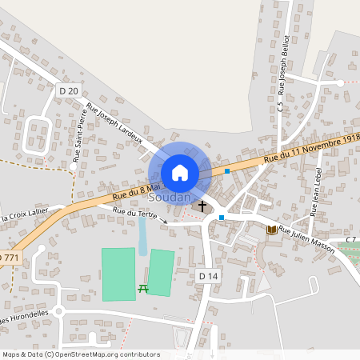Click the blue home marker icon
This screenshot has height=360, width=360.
click(180, 173)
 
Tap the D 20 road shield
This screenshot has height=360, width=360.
click(70, 91)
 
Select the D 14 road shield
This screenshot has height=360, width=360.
click(208, 275)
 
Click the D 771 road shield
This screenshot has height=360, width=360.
click(8, 256)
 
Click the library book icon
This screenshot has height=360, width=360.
click(271, 230)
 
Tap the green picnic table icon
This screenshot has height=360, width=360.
click(142, 288)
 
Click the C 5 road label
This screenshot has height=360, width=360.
click(280, 105)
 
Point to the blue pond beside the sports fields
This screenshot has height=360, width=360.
click(142, 236)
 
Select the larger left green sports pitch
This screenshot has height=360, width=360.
click(118, 274)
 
